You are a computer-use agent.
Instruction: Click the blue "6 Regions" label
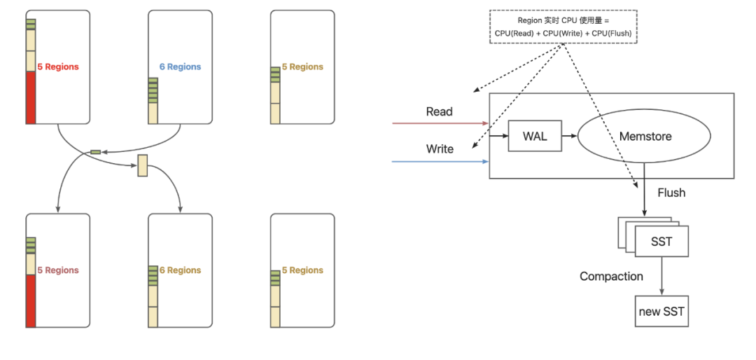pos(180,67)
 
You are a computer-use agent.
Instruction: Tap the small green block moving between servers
pos(95,151)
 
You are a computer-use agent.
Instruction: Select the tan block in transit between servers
pos(143,165)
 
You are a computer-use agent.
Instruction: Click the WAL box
pos(534,136)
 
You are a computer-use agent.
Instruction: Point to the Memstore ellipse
pos(645,136)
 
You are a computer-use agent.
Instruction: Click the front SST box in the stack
pos(661,242)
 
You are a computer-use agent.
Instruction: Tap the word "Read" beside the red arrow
pos(439,112)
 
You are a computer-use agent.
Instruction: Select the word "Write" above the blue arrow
pos(440,149)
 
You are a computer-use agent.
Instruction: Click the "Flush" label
pos(671,193)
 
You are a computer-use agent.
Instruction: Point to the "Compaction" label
pos(611,277)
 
